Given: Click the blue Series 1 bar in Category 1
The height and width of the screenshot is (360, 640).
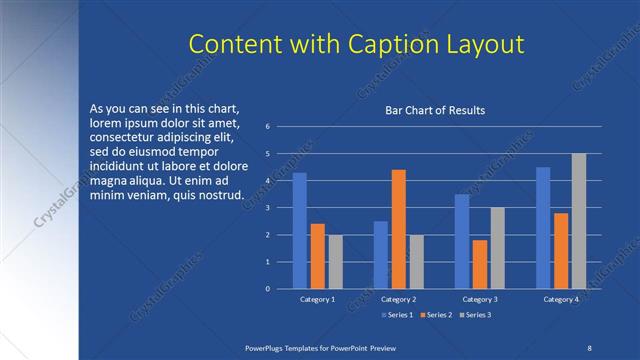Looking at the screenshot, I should [x=299, y=231].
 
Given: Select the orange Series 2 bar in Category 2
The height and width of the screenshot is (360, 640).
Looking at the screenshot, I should [x=398, y=229].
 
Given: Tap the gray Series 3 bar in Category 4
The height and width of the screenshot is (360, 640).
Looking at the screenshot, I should [x=579, y=221].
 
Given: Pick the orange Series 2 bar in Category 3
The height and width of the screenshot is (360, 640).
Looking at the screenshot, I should [x=480, y=264].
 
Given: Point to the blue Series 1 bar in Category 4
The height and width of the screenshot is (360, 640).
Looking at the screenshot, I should [x=543, y=228].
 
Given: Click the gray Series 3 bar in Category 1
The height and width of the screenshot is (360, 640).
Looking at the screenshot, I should [x=335, y=262].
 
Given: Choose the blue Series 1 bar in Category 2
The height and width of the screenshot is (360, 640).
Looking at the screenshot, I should [x=380, y=255].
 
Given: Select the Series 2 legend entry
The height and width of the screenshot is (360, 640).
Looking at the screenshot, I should [x=436, y=314].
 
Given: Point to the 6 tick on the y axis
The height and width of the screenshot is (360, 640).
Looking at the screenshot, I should [x=268, y=127].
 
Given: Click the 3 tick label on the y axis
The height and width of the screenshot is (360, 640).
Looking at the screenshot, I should [x=268, y=208].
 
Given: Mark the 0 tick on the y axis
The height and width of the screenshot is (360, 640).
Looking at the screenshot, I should [x=268, y=289].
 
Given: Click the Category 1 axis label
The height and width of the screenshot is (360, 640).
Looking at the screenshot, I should [x=317, y=299].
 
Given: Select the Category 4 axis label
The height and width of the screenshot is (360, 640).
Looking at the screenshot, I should [x=561, y=299].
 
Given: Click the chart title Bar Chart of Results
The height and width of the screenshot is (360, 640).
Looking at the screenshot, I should [x=435, y=110].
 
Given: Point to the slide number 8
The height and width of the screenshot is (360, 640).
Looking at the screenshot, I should [x=587, y=345].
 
